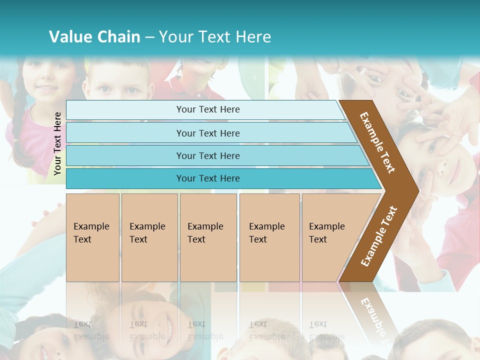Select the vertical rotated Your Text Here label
coord(57,143)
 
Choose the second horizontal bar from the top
coord(207,133)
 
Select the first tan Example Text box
coord(92,237)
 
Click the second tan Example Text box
coord(149,237)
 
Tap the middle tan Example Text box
coord(208,237)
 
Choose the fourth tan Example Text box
coord(269,237)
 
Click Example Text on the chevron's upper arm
coord(377,142)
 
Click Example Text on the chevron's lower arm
coord(379,236)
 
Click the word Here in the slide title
coord(253,37)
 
